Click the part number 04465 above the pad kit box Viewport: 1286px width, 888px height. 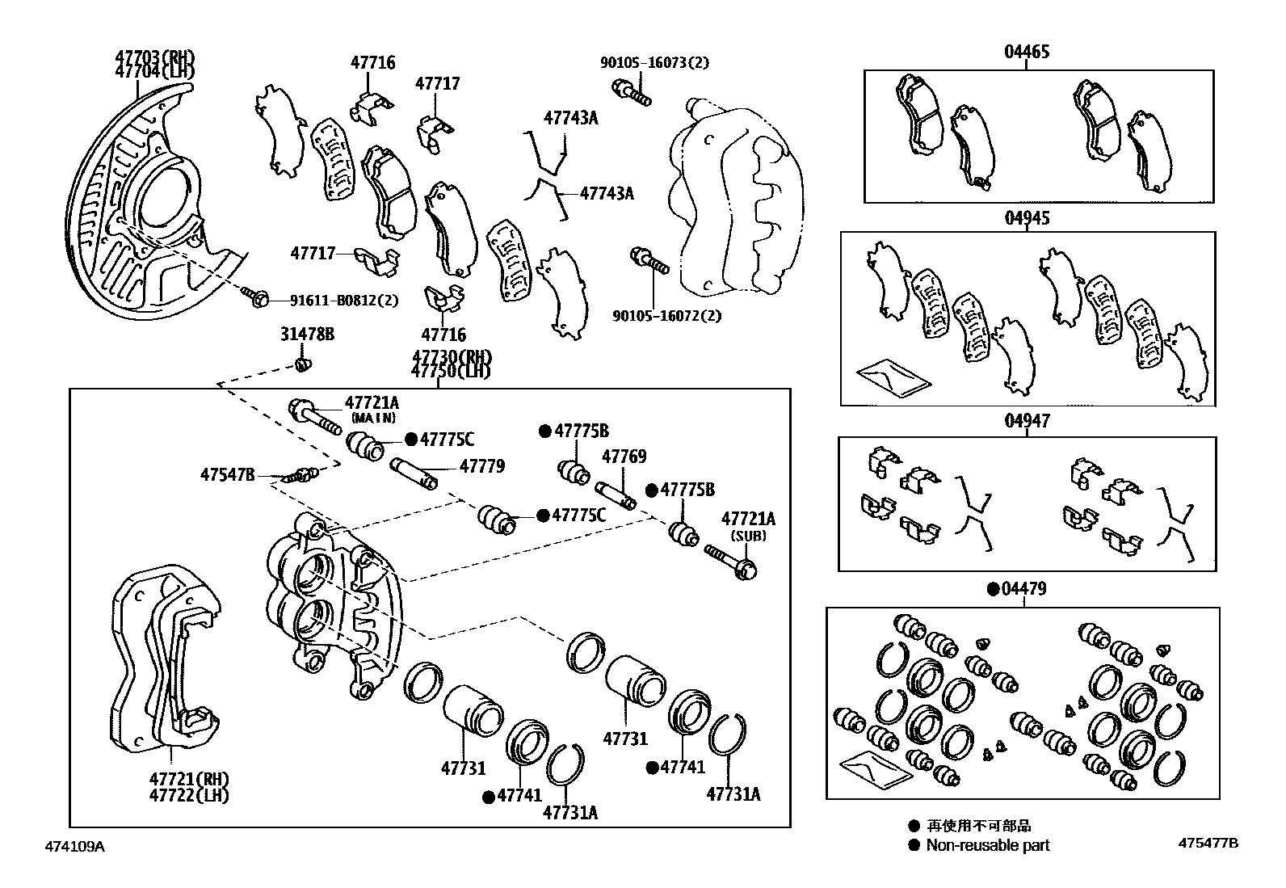click(1027, 52)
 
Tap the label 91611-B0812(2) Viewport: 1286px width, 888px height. click(343, 301)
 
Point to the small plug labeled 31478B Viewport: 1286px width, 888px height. click(303, 365)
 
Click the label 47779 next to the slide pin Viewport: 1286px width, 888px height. click(481, 466)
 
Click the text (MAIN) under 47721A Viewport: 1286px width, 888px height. click(372, 418)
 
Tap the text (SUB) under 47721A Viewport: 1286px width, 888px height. click(748, 536)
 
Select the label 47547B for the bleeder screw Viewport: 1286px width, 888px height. click(227, 474)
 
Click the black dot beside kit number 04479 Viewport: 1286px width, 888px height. click(993, 589)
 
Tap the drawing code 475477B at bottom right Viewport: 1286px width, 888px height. click(1208, 843)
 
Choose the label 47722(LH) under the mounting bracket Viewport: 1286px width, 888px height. click(188, 795)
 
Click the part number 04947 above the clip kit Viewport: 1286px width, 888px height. click(1027, 421)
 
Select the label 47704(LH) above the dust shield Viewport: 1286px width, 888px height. click(154, 71)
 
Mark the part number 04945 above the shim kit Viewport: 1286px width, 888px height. click(1027, 218)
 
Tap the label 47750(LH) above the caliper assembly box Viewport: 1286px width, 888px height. click(450, 371)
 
